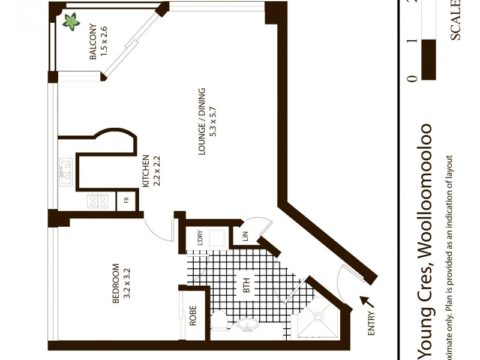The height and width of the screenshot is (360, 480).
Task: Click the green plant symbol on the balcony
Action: (71, 22)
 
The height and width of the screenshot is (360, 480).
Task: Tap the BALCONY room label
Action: (93, 42)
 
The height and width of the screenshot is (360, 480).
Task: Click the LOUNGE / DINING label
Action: (202, 120)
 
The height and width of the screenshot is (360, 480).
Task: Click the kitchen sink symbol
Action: (65, 169)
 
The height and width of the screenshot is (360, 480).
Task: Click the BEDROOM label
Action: (116, 284)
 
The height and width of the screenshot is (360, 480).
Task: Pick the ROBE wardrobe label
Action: (193, 316)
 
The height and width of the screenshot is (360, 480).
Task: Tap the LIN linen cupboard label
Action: (245, 236)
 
